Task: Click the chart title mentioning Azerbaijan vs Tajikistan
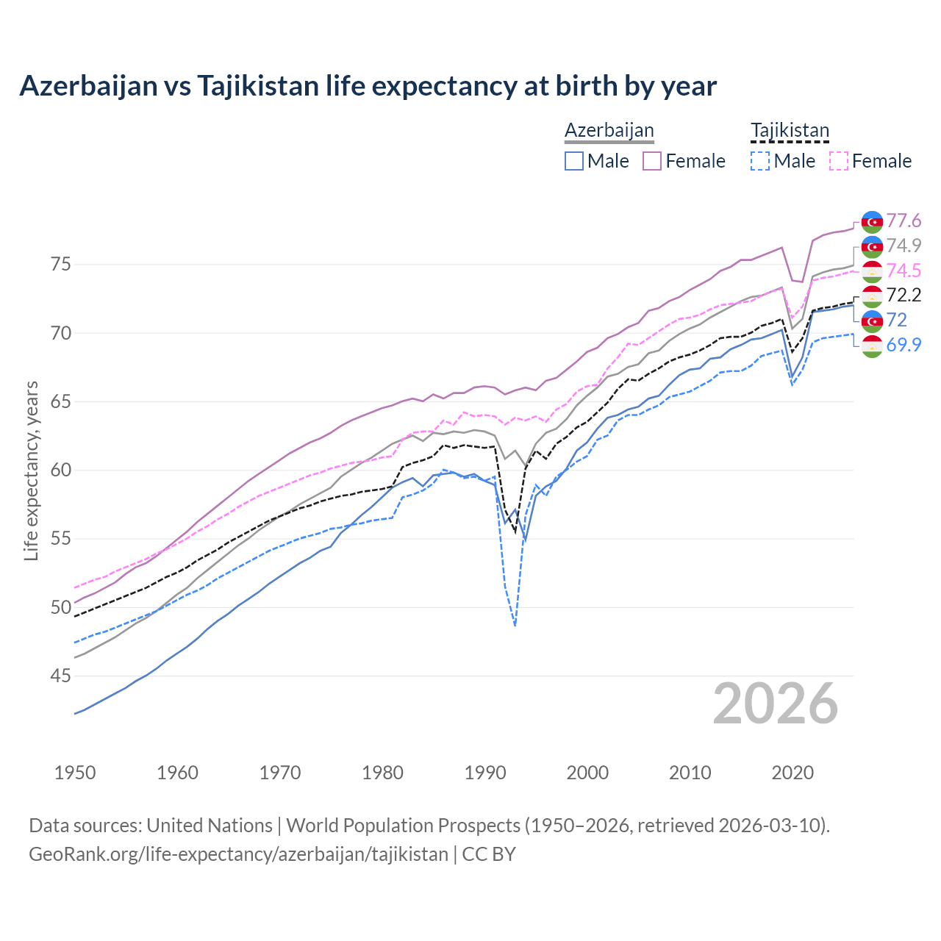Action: point(368,86)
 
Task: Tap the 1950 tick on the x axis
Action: point(75,773)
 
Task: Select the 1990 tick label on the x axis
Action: point(485,773)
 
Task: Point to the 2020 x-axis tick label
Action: point(792,773)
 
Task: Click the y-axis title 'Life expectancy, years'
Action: point(31,470)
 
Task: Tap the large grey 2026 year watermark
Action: point(775,704)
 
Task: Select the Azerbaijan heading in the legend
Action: point(609,130)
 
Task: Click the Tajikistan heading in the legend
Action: point(790,130)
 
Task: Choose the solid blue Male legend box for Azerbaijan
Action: point(574,161)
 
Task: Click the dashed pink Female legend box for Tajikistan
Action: point(839,161)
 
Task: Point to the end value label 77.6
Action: point(904,221)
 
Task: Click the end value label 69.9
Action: point(904,344)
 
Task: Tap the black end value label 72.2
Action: point(904,295)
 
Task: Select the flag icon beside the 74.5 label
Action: point(872,271)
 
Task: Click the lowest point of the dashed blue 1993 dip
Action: point(515,626)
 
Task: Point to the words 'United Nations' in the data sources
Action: point(210,825)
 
